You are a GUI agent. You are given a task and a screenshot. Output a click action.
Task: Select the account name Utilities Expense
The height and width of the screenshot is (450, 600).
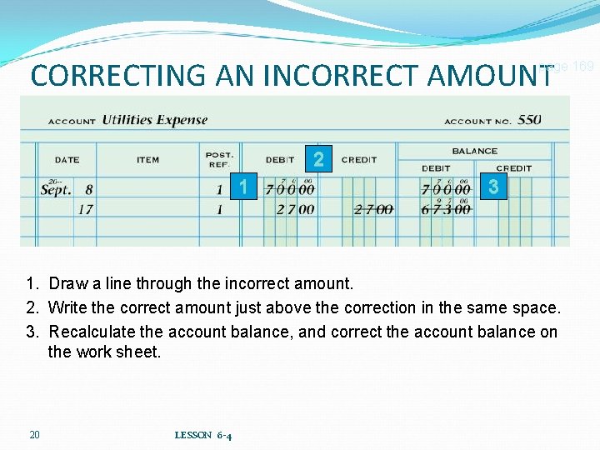point(154,120)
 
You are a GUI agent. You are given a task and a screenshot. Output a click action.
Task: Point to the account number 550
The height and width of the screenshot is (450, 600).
point(529,120)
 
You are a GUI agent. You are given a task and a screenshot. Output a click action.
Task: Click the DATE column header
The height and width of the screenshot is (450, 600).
point(67,160)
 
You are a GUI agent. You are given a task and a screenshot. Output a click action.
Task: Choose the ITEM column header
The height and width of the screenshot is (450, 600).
point(148,160)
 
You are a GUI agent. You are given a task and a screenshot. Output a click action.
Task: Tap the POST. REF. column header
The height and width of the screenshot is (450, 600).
point(219,159)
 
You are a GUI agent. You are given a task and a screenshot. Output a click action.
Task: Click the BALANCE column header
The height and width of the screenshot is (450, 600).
point(474,151)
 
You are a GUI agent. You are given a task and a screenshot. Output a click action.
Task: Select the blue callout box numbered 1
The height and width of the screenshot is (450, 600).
point(242,187)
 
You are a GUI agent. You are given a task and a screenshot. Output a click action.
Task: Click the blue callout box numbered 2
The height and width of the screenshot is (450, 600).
point(318,158)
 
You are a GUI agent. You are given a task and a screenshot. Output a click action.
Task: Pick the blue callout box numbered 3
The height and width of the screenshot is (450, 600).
point(493,187)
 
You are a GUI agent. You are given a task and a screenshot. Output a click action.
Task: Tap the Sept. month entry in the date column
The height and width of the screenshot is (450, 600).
point(56,190)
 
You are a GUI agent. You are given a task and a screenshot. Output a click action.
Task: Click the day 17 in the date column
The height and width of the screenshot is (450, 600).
point(85,210)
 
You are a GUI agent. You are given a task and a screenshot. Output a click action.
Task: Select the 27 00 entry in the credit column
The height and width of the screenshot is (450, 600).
point(372,210)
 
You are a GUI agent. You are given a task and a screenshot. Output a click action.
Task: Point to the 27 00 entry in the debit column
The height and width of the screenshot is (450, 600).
point(295,210)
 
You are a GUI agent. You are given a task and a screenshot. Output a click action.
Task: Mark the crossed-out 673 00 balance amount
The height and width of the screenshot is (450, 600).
point(446,210)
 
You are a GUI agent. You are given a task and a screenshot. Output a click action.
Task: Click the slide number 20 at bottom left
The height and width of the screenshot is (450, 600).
point(34,434)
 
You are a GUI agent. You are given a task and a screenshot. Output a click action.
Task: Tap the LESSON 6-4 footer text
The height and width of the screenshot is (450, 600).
point(203,435)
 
